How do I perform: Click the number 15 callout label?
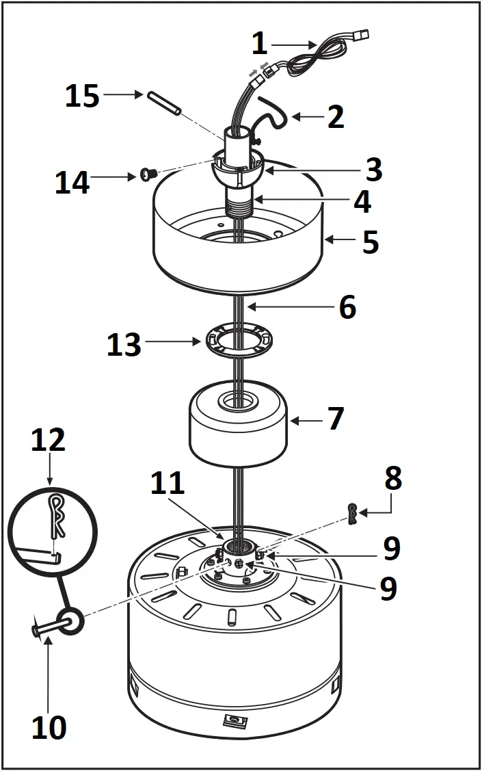tap(82, 96)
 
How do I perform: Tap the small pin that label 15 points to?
tap(162, 103)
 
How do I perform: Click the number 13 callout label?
tap(124, 344)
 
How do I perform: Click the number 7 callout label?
tap(335, 419)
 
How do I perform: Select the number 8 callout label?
tap(392, 480)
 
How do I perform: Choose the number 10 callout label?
tap(49, 727)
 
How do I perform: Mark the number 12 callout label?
tap(49, 440)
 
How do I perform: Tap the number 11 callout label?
tap(168, 484)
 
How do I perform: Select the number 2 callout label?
tap(335, 117)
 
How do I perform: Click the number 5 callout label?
tap(370, 242)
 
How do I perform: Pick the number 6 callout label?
tap(347, 307)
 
